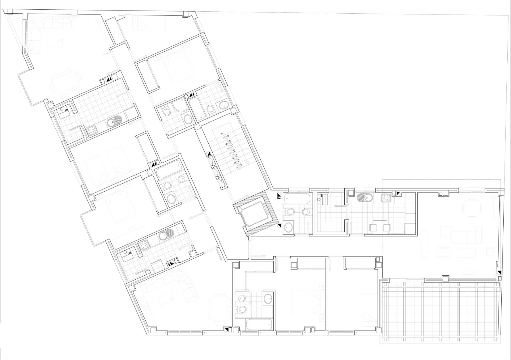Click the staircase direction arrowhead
[x=247, y=163]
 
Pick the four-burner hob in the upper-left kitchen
[x=92, y=131]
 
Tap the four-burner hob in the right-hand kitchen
[x=386, y=197]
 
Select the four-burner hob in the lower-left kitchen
[x=143, y=245]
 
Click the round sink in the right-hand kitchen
[x=364, y=197]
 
